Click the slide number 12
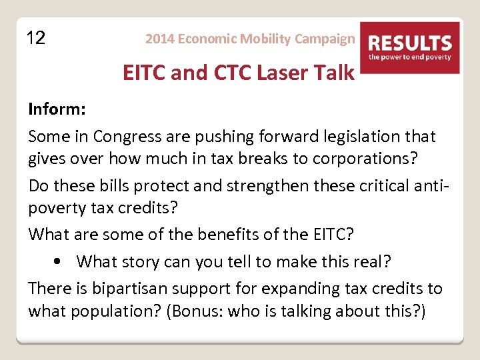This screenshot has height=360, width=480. click(36, 38)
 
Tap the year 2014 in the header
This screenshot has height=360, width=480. click(158, 39)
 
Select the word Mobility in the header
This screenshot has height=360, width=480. click(261, 39)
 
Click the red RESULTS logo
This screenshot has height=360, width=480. click(409, 47)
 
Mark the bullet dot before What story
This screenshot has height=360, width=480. click(61, 261)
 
